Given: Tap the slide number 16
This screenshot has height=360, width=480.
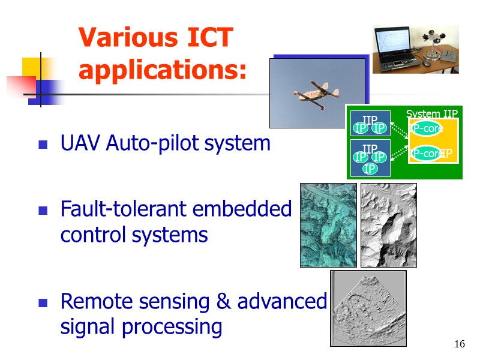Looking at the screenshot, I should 460,344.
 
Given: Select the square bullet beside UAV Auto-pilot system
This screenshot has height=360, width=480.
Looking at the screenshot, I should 43,145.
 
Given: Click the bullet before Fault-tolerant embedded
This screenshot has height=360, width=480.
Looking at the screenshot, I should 43,211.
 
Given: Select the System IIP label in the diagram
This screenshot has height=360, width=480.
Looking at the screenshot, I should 431,113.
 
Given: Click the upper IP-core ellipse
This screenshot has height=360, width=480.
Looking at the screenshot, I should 427,128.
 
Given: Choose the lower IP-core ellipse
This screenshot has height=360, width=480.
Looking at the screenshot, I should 427,154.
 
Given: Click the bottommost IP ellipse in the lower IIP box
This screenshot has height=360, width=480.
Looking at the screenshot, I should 370,169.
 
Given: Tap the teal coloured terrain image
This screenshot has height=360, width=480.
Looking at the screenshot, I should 328,225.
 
